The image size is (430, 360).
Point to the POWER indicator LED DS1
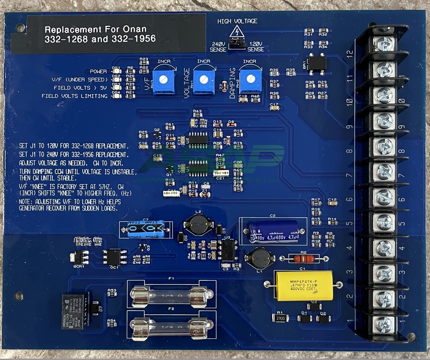116,72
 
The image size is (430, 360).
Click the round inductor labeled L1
256,258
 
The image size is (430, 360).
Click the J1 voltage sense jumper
235,42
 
